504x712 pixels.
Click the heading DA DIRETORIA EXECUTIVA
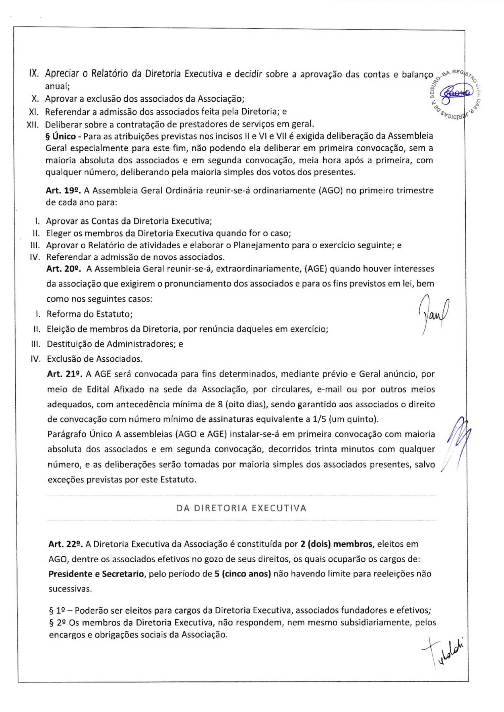[x=241, y=508]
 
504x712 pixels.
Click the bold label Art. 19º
[x=63, y=191]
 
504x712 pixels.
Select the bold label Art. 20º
[x=64, y=269]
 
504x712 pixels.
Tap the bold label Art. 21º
[x=64, y=374]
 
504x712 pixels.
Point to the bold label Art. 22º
[x=66, y=544]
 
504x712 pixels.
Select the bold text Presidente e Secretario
[x=96, y=574]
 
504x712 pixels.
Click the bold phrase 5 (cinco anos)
[x=243, y=574]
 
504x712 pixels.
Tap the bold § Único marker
[x=61, y=136]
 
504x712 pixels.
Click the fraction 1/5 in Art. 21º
[x=319, y=419]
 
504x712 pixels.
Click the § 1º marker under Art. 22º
[x=56, y=610]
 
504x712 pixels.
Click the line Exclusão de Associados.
[x=94, y=359]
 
